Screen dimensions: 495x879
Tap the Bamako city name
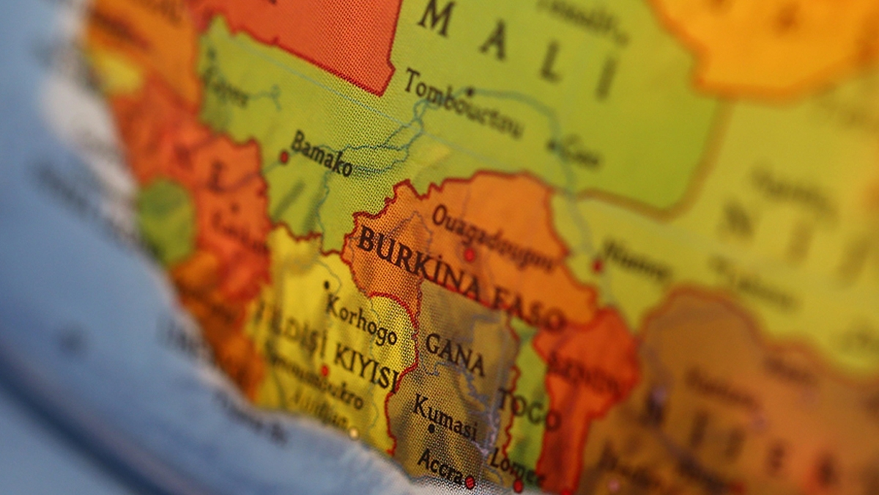(322, 153)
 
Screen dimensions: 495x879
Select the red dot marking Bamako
(283, 156)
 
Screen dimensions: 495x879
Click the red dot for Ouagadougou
(469, 254)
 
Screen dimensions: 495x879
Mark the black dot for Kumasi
(431, 428)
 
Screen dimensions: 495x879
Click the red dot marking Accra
(470, 482)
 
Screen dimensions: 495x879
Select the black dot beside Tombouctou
(470, 92)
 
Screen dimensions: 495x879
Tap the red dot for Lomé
(518, 485)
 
